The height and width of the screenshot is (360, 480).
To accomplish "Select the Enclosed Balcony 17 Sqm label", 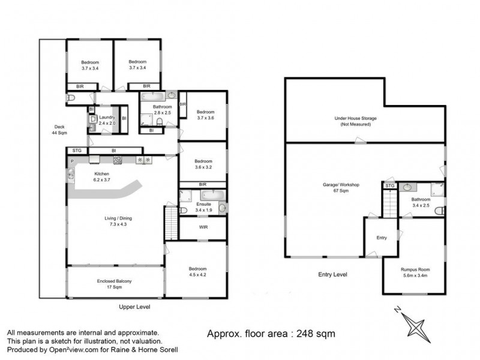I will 114,284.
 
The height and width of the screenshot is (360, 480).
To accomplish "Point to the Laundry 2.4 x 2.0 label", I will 107,119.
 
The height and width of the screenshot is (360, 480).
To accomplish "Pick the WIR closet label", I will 202,227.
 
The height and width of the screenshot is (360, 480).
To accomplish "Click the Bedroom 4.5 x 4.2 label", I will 198,271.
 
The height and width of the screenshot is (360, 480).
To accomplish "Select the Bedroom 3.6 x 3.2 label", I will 202,164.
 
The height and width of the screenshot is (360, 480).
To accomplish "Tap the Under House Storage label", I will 355,121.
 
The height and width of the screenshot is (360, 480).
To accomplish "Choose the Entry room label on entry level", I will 382,238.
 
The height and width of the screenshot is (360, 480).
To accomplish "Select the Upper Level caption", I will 134,307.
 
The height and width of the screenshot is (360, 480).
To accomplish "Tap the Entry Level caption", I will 332,274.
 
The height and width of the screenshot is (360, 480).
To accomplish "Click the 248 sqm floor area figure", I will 314,333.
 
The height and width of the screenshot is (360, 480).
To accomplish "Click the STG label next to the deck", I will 77,151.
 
